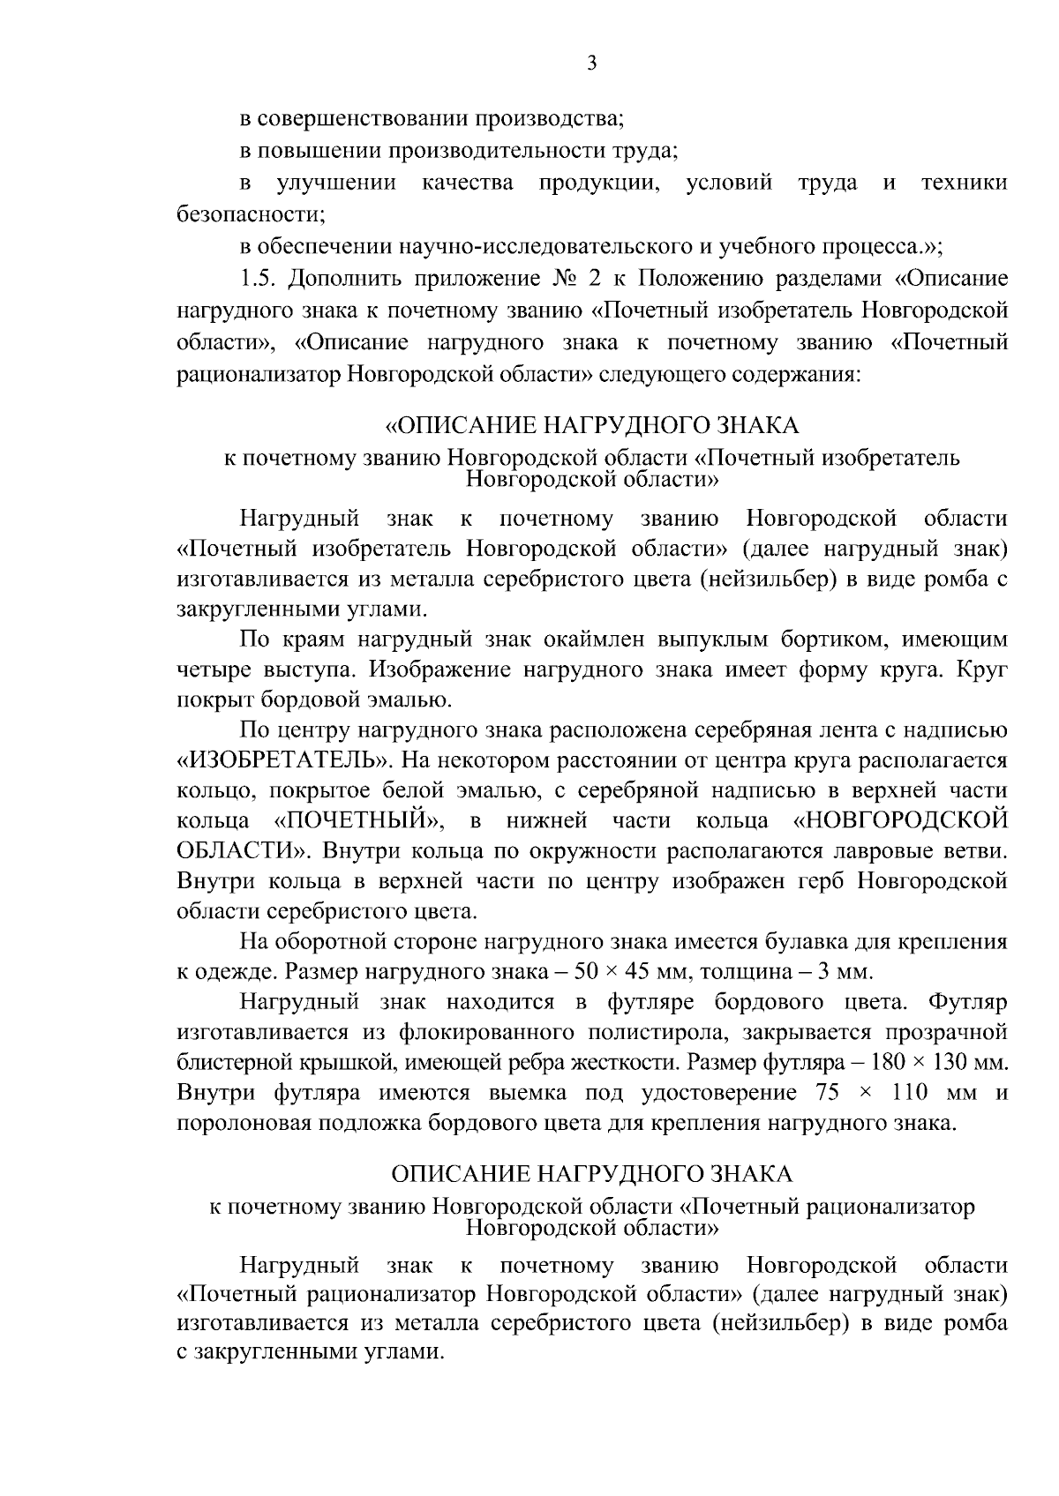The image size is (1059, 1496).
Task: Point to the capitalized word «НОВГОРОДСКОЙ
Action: tap(901, 820)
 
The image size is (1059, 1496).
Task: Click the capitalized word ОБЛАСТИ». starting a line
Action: tap(242, 851)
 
